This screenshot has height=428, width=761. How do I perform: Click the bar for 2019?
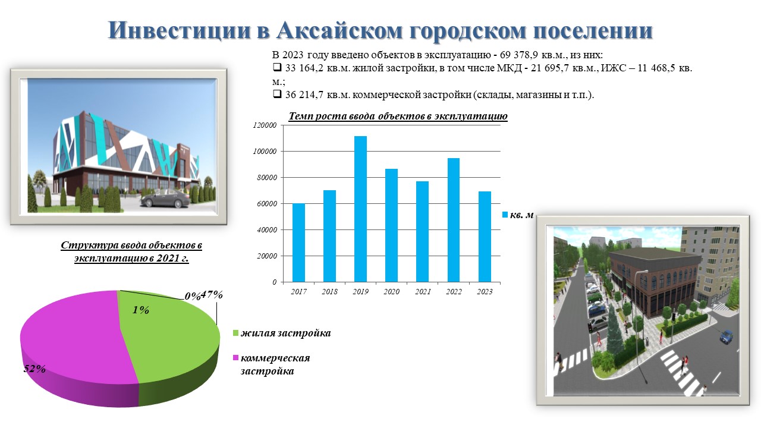pyautogui.click(x=360, y=209)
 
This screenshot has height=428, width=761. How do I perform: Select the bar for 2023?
pyautogui.click(x=485, y=237)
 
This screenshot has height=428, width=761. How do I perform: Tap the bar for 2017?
pyautogui.click(x=298, y=243)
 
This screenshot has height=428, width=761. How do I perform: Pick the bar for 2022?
pyautogui.click(x=454, y=220)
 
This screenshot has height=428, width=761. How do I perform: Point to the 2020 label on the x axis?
pyautogui.click(x=392, y=291)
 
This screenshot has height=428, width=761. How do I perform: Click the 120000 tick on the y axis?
pyautogui.click(x=265, y=125)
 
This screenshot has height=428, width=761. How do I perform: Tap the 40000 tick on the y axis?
pyautogui.click(x=267, y=230)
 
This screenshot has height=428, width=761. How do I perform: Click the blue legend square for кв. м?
pyautogui.click(x=505, y=215)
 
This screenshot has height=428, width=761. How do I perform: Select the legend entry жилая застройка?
pyautogui.click(x=282, y=333)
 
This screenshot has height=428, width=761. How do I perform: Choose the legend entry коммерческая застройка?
pyautogui.click(x=272, y=364)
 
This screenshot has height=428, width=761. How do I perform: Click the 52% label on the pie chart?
pyautogui.click(x=34, y=369)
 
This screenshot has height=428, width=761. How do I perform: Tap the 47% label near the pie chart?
pyautogui.click(x=212, y=294)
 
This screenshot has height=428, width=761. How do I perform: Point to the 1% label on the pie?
pyautogui.click(x=141, y=310)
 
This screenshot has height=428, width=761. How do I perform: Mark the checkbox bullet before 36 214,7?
pyautogui.click(x=277, y=94)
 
